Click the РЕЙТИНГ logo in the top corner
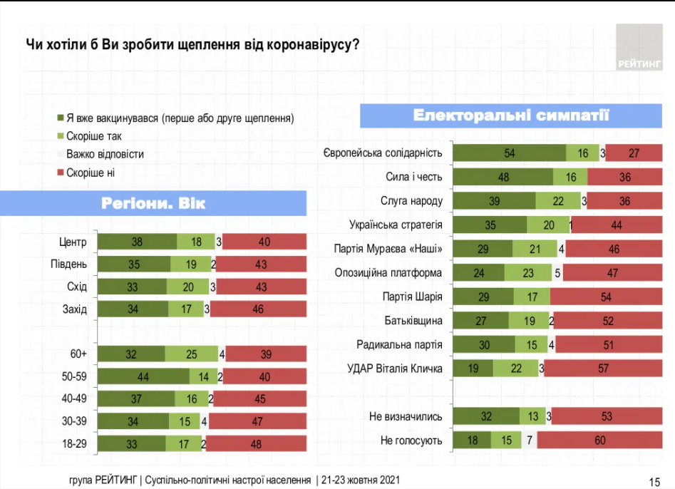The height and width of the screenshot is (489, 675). pos(639,48)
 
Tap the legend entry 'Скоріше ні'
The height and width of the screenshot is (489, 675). pos(90,172)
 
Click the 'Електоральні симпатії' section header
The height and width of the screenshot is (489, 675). pos(511,115)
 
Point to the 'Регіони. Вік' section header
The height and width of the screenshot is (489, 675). pos(153,204)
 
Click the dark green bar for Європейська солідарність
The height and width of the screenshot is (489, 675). pos(510,153)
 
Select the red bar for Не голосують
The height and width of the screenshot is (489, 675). pos(600,441)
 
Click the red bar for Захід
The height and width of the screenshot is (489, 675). pos(258,309)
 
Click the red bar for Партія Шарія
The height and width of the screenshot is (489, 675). pos(607,297)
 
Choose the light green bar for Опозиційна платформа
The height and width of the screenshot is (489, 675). pos(528,272)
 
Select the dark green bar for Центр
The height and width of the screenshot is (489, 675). pos(137,242)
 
